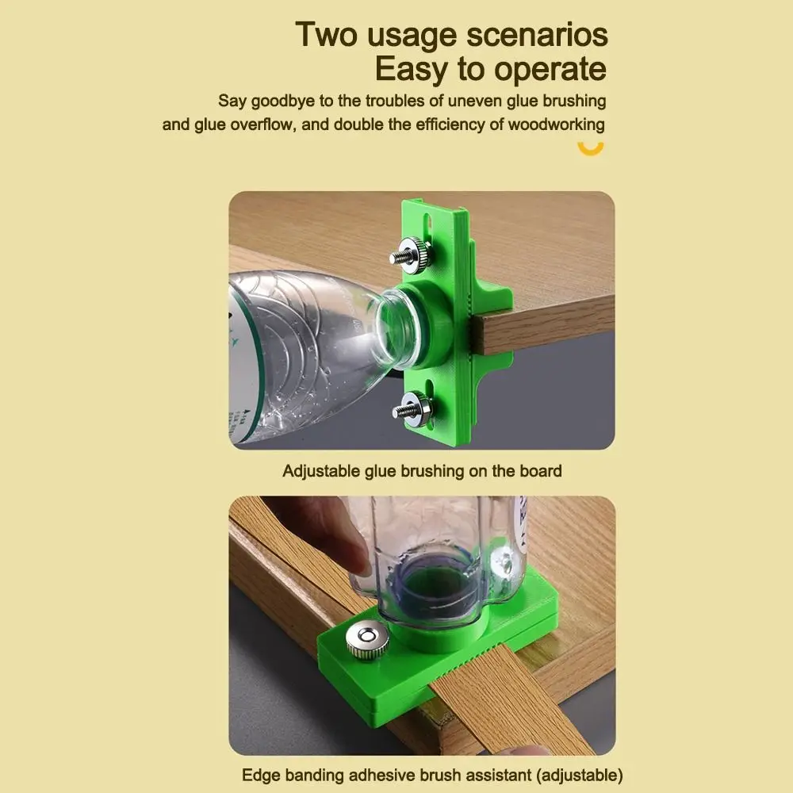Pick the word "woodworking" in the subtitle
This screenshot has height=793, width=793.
556,125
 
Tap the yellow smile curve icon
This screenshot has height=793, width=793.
590,147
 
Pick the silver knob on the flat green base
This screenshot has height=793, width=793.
367,638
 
